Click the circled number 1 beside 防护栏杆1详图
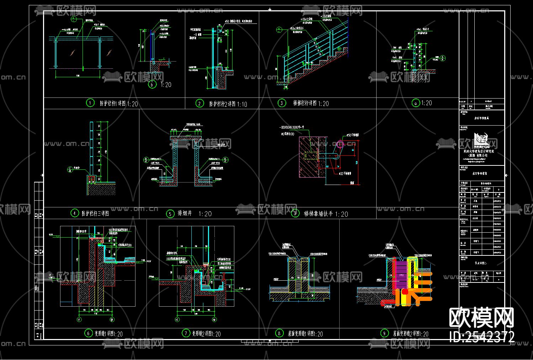click(90, 103)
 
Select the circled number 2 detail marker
click(199, 104)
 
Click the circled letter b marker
click(152, 85)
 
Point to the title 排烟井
click(185, 213)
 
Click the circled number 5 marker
click(170, 214)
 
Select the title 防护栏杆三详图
click(95, 213)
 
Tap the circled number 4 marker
click(74, 213)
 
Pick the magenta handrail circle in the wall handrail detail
click(340, 144)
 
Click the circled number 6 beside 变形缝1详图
click(88, 333)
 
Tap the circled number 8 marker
click(279, 333)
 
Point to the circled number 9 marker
click(384, 333)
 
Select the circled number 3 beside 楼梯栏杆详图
click(282, 103)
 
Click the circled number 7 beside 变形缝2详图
click(186, 333)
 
